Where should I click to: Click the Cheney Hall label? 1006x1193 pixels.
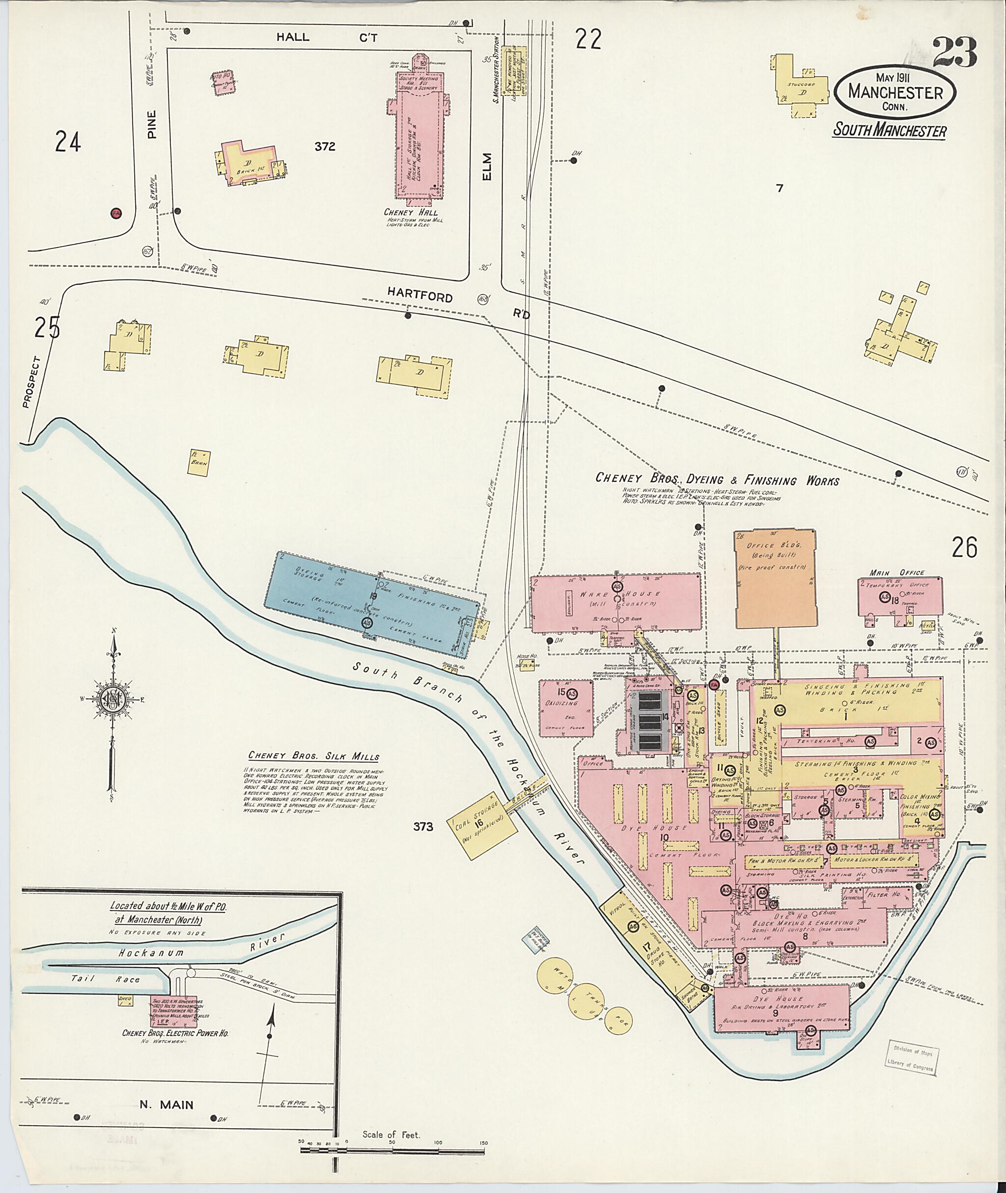click(x=414, y=212)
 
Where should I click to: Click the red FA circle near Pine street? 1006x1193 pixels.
click(x=116, y=213)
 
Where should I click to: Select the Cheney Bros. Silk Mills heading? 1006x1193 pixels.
click(x=314, y=756)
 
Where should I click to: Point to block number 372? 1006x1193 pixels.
click(x=325, y=146)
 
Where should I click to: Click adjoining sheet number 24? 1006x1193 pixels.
click(x=68, y=141)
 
